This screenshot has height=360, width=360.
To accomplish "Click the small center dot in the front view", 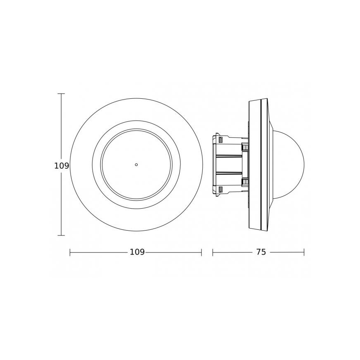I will [136, 165].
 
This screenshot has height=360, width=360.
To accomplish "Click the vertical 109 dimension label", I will [61, 166].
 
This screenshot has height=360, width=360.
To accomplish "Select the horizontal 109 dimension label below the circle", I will [137, 252].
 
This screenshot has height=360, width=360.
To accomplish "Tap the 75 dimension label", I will [260, 252].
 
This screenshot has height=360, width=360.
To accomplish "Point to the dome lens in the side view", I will [289, 164].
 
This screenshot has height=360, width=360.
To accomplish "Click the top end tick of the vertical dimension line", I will [61, 94].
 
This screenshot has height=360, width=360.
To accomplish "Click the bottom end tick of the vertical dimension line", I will [61, 235].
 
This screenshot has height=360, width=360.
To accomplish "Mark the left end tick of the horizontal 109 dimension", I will [70, 252].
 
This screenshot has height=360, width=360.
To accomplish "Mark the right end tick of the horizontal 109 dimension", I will [202, 252].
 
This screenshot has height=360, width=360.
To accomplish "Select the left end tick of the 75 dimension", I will [213, 252].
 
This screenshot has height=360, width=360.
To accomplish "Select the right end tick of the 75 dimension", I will [304, 252].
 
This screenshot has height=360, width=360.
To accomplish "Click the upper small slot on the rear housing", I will [221, 139].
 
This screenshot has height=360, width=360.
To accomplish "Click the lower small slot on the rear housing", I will [221, 190].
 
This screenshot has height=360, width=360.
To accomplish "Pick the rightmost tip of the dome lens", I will [304, 164].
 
